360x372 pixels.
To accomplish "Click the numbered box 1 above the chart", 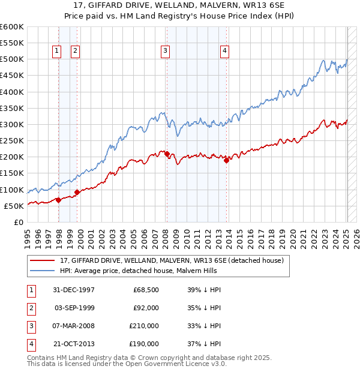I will pyautogui.click(x=56, y=52).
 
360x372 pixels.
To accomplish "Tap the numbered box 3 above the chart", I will pyautogui.click(x=164, y=52).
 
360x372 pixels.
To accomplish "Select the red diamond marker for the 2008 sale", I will pyautogui.click(x=167, y=154).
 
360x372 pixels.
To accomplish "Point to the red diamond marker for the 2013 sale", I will pyautogui.click(x=226, y=160).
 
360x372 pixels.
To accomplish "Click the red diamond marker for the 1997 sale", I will pyautogui.click(x=58, y=200).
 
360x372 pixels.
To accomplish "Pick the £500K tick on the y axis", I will pyautogui.click(x=12, y=59).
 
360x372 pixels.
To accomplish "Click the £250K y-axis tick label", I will pyautogui.click(x=12, y=141).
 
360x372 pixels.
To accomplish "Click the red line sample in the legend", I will pyautogui.click(x=43, y=260).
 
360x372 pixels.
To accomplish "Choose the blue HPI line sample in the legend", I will pyautogui.click(x=43, y=271).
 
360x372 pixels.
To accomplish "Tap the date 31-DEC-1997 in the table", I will pyautogui.click(x=74, y=290).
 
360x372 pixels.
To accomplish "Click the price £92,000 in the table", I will pyautogui.click(x=146, y=308).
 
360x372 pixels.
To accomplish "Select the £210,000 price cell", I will pyautogui.click(x=145, y=326).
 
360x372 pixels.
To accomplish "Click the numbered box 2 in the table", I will pyautogui.click(x=31, y=308).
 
